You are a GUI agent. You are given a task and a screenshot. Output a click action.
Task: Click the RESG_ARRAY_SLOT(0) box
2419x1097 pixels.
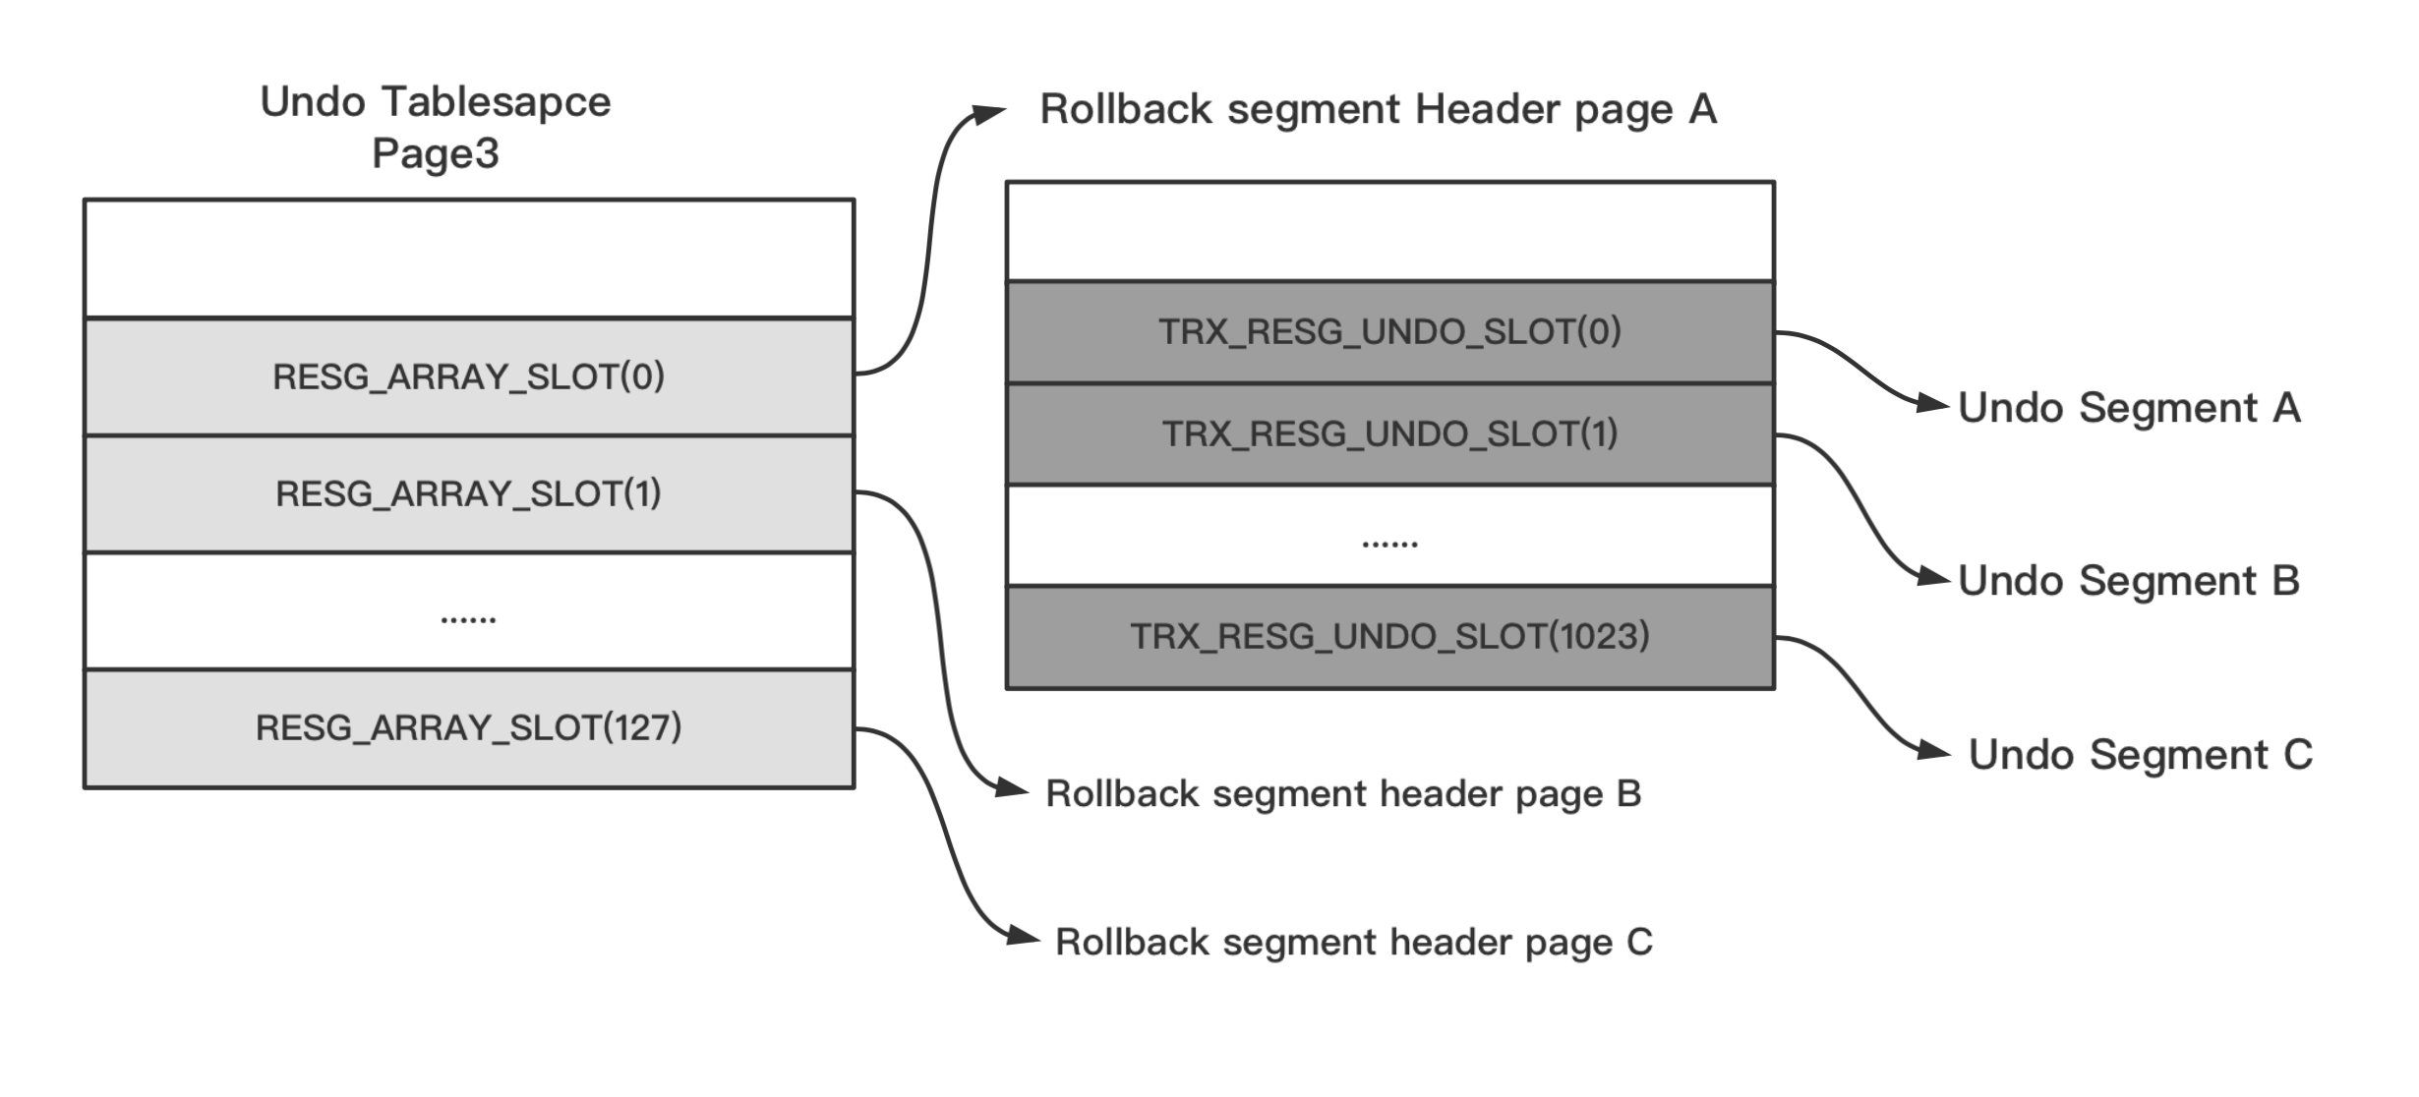click(x=469, y=376)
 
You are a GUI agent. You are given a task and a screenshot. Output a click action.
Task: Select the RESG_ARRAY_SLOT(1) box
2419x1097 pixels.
click(x=469, y=493)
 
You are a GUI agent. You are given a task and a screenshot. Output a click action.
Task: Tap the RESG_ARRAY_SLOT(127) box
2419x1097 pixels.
click(x=469, y=728)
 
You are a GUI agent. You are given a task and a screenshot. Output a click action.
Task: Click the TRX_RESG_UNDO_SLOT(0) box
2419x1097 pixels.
click(x=1389, y=332)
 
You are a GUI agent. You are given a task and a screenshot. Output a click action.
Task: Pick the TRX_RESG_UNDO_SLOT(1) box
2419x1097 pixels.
click(x=1389, y=433)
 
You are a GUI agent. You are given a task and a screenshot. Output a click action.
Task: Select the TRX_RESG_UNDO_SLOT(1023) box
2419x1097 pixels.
click(x=1389, y=637)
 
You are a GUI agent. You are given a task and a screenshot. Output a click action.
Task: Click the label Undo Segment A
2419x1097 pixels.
click(x=2129, y=408)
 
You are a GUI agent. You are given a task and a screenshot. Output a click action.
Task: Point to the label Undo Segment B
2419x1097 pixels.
click(x=2129, y=581)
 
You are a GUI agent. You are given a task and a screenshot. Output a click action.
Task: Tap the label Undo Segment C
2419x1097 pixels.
click(x=2140, y=755)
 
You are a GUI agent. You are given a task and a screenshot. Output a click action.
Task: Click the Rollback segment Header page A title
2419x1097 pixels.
click(x=1379, y=109)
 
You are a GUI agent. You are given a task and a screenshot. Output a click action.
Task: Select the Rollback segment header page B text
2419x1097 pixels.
click(x=1343, y=793)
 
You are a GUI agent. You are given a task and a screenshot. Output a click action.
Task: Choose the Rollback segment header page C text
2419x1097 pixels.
click(x=1353, y=942)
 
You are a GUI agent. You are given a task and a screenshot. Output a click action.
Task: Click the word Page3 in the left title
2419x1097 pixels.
click(x=436, y=153)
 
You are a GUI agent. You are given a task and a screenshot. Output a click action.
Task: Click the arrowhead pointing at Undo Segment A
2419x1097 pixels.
click(x=1933, y=402)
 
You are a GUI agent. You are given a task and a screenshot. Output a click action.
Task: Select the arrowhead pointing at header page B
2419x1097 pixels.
click(x=1012, y=787)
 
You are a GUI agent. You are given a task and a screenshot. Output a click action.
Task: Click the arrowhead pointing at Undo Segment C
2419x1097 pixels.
click(x=1934, y=753)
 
